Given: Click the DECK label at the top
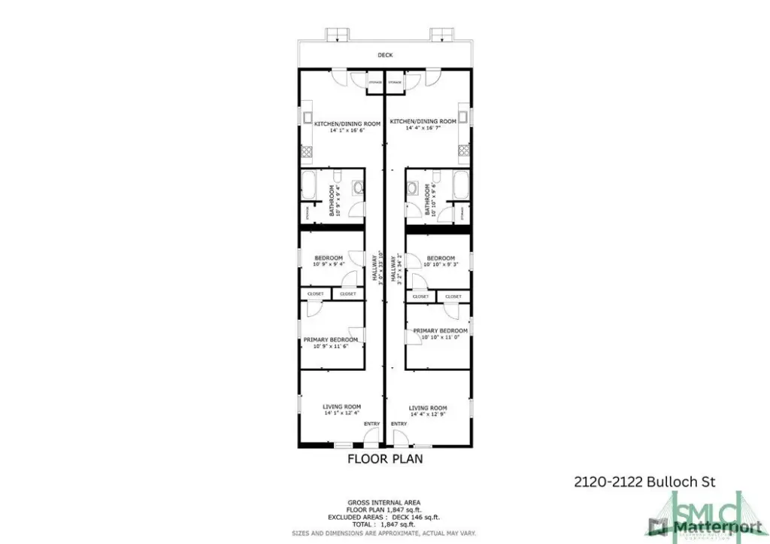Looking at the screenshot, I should [385, 55].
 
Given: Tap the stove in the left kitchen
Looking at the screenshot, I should [307, 151].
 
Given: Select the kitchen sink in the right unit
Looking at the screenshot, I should [464, 117].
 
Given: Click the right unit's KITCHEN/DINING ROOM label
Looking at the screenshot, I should [423, 121].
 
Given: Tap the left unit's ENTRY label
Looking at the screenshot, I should [371, 424].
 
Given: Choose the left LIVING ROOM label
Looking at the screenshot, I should [332, 407].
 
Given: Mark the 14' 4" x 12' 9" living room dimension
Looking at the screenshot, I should [428, 415].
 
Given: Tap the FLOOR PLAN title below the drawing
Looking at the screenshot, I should [385, 457].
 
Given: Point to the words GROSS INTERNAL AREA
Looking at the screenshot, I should [383, 502].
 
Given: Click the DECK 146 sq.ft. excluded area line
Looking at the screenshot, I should [384, 518].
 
